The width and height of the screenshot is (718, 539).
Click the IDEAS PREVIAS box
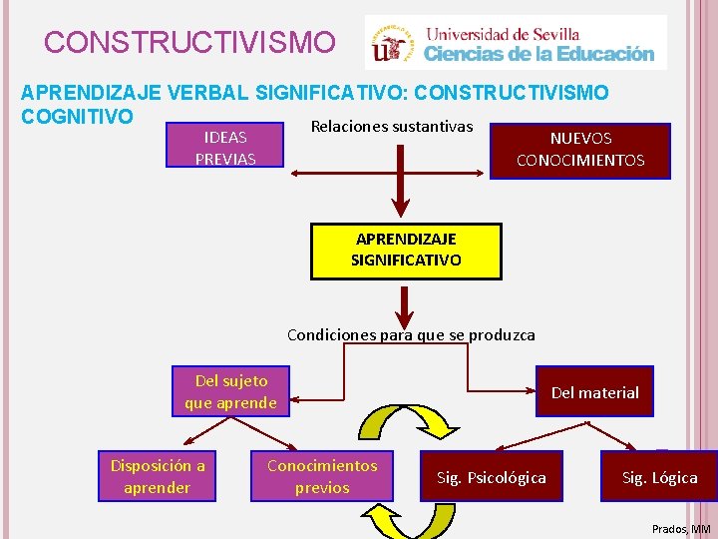(x=225, y=148)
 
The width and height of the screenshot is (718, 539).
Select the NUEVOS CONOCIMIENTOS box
(x=579, y=150)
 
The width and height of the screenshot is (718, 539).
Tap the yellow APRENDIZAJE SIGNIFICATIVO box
(x=406, y=250)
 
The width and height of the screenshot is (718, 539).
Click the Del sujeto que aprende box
(x=231, y=391)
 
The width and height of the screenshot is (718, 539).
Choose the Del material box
(x=594, y=392)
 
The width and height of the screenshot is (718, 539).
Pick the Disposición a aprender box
(x=158, y=476)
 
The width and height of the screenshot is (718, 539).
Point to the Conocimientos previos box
(x=322, y=476)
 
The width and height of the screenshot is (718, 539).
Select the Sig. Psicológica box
(x=492, y=477)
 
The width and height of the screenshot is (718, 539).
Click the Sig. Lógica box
(x=659, y=477)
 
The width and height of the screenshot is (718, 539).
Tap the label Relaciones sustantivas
(x=392, y=127)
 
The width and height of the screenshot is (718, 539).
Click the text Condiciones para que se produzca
(x=411, y=335)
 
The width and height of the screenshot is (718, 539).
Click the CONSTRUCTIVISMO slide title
(x=190, y=43)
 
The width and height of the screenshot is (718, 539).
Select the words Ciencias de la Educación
(x=539, y=54)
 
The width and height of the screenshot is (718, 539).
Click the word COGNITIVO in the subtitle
(x=78, y=117)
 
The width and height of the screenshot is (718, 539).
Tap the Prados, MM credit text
(x=681, y=528)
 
